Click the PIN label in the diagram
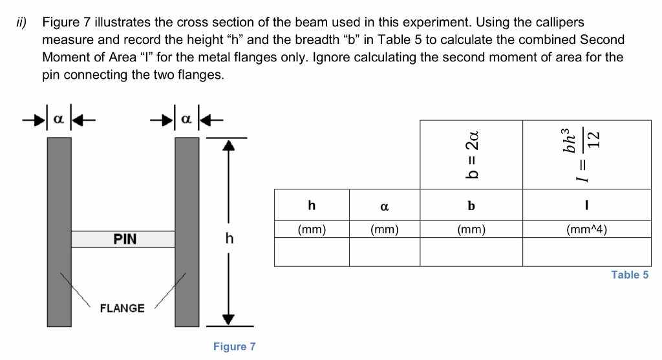click(125, 239)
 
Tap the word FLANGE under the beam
click(122, 308)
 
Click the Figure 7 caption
click(234, 346)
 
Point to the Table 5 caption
click(629, 275)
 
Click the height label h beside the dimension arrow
click(228, 238)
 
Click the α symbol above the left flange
click(59, 120)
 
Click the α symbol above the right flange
click(187, 120)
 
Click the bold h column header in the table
click(312, 206)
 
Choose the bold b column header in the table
click(471, 206)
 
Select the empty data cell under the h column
click(312, 252)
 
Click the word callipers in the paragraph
click(559, 23)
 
